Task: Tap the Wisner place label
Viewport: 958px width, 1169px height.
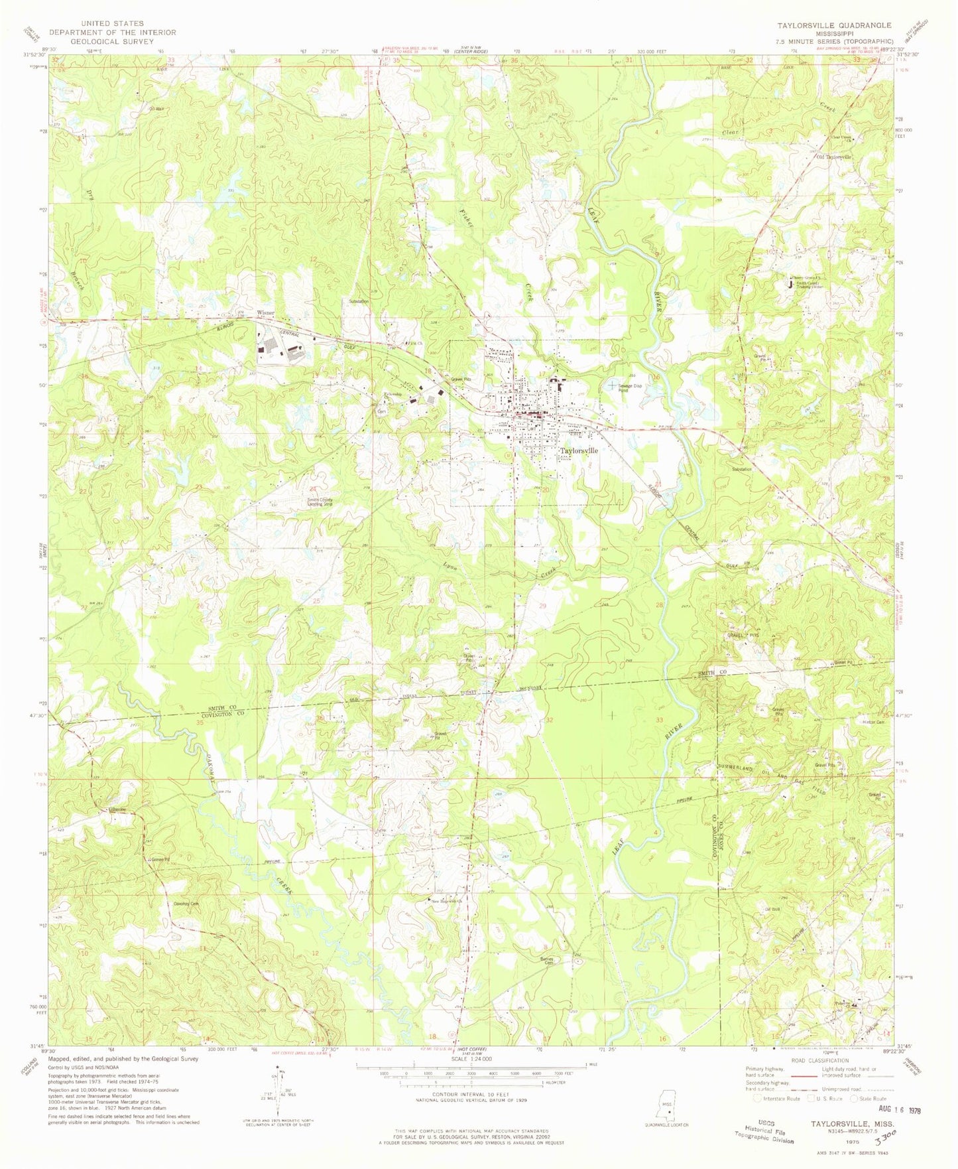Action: point(266,312)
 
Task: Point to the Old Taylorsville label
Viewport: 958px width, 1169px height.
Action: point(834,157)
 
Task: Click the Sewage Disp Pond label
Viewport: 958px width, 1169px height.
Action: point(632,388)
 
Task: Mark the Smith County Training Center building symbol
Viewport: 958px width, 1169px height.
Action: point(789,284)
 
